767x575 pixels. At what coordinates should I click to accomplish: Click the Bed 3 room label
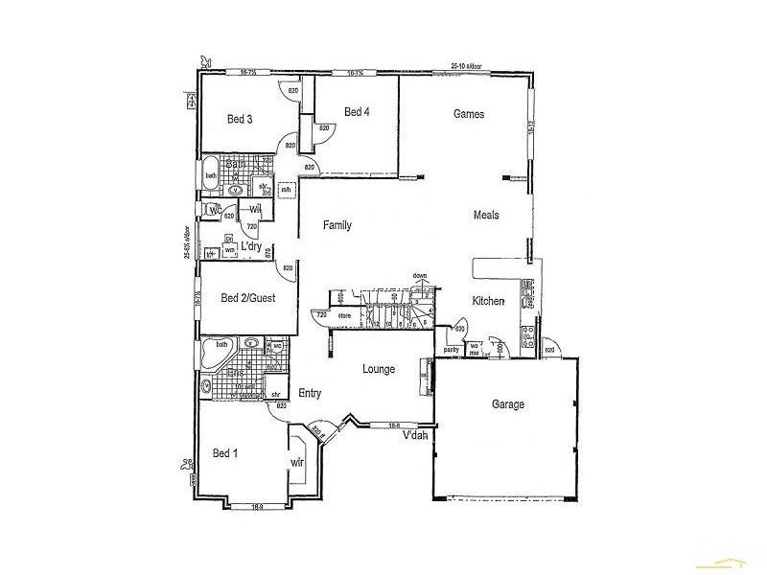(240, 120)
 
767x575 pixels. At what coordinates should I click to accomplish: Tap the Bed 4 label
(357, 112)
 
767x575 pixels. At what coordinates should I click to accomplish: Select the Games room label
(469, 114)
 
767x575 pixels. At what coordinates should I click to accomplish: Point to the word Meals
(486, 216)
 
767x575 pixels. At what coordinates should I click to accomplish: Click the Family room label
(337, 226)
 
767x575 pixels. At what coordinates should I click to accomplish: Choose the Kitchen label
(488, 302)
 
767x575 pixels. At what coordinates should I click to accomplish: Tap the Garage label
(508, 404)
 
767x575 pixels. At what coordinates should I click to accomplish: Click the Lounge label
(380, 369)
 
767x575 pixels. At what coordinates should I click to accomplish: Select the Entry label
(310, 393)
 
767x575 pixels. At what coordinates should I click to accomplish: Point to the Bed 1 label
(223, 453)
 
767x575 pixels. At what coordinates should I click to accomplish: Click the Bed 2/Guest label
(247, 298)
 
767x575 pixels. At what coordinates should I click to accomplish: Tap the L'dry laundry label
(251, 247)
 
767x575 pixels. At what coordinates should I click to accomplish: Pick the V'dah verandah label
(415, 436)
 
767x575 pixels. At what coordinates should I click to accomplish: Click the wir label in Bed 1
(297, 463)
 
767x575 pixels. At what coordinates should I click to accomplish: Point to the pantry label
(452, 350)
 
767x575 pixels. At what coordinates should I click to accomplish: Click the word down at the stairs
(420, 276)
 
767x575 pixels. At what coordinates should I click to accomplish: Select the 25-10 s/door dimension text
(468, 66)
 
